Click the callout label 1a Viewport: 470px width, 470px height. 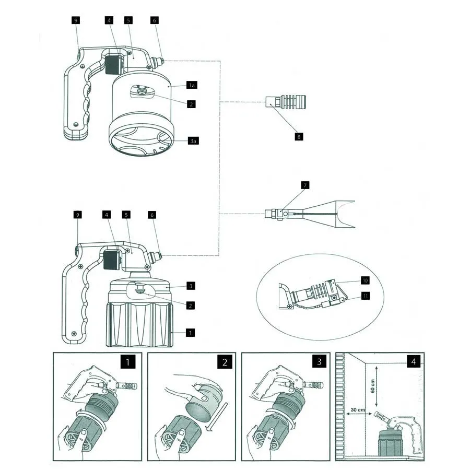192,85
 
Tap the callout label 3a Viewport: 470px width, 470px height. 193,140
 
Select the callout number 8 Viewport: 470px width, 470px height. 299,137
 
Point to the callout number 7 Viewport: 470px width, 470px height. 305,185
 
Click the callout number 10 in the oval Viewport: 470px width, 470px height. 365,280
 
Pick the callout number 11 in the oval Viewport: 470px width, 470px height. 366,296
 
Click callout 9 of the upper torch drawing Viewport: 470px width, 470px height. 76,20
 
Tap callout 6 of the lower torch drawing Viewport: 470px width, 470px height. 152,215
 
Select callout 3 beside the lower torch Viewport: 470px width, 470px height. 191,286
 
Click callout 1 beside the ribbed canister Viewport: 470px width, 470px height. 190,333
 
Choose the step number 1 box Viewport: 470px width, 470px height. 128,362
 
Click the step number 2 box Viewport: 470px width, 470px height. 225,362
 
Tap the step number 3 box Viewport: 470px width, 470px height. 319,361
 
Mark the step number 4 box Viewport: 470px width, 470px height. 414,361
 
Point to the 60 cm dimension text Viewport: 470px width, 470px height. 372,386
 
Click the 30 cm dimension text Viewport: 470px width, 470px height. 358,409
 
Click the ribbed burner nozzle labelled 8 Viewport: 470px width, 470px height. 286,101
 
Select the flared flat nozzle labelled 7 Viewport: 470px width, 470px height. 310,214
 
